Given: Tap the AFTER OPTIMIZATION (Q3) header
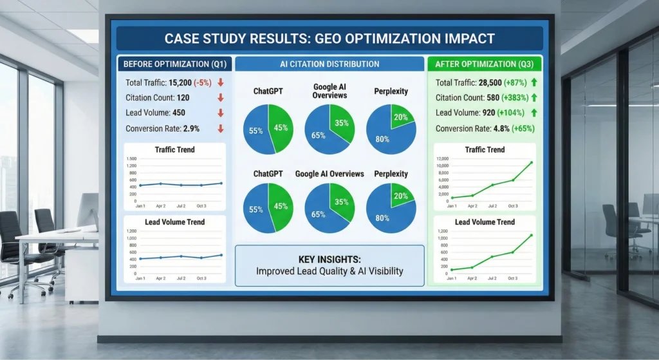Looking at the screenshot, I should pyautogui.click(x=484, y=64).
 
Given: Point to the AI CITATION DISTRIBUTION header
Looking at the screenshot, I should pyautogui.click(x=329, y=64).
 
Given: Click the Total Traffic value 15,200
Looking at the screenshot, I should pyautogui.click(x=181, y=82).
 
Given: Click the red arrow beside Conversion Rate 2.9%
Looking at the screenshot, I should pyautogui.click(x=221, y=128).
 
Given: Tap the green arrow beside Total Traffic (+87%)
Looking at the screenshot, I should pyautogui.click(x=534, y=82).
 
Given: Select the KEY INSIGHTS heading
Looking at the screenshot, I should pyautogui.click(x=329, y=259).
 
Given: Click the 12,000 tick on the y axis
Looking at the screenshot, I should pyautogui.click(x=443, y=159).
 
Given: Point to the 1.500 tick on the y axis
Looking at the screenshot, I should pyautogui.click(x=132, y=159).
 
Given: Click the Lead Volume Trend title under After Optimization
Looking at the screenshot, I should pyautogui.click(x=485, y=222).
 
